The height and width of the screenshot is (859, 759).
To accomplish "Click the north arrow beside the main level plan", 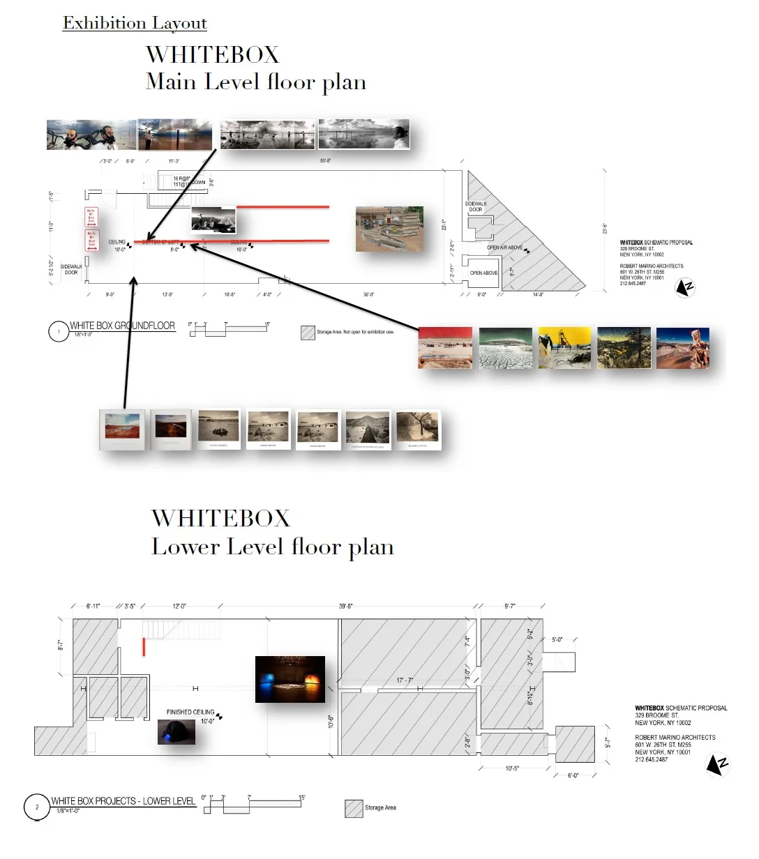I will [x=686, y=287].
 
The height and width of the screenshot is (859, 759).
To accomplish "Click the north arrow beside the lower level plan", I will [x=717, y=764].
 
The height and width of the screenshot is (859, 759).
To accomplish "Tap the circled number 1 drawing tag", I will [x=59, y=331].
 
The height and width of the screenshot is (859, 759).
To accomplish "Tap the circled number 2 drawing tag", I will [x=36, y=807].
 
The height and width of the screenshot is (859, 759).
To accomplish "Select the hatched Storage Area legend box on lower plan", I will [x=354, y=808].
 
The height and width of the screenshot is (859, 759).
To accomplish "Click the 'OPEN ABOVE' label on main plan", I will [x=483, y=273].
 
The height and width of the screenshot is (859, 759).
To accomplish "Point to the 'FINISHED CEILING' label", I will [x=190, y=712].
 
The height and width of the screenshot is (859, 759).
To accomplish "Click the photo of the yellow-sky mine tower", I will [x=564, y=348].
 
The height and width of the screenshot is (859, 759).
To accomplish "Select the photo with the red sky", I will [x=445, y=347].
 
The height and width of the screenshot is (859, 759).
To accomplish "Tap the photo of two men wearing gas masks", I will [x=91, y=135].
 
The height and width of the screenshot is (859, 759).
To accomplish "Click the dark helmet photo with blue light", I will [x=176, y=732].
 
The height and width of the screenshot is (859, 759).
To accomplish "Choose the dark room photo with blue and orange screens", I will [x=290, y=679].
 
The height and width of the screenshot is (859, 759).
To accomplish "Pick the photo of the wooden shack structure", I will [x=389, y=228].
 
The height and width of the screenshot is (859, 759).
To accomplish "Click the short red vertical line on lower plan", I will [x=144, y=646].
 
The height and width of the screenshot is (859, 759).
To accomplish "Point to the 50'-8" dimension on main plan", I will [x=326, y=160].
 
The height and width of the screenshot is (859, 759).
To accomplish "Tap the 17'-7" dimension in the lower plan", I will [x=405, y=680].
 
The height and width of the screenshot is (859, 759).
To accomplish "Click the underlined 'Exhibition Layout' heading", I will [x=135, y=23].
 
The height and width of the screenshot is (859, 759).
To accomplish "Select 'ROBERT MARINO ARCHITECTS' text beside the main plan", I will [x=652, y=266].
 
